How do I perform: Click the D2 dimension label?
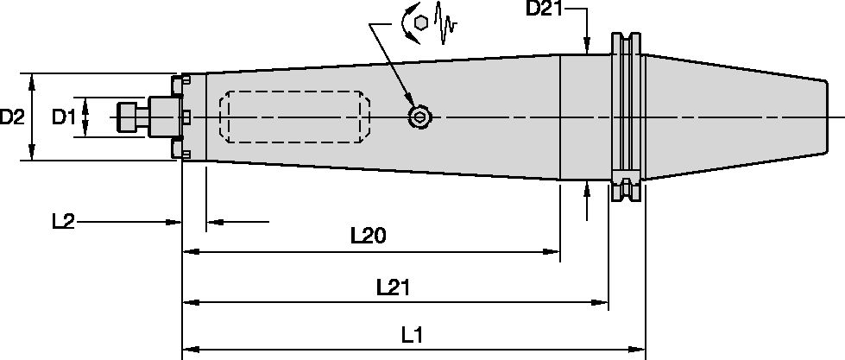[12, 117]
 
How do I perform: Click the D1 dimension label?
[64, 117]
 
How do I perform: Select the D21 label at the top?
[544, 9]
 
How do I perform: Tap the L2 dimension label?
[63, 222]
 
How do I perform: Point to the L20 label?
[368, 236]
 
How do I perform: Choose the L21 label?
[393, 287]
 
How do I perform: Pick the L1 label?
[412, 336]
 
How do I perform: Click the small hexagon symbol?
[421, 22]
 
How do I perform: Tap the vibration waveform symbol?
[445, 22]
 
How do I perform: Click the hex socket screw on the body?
[419, 117]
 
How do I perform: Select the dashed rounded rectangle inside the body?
[294, 117]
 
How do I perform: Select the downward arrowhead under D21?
[588, 45]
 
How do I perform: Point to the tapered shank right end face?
[826, 117]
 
